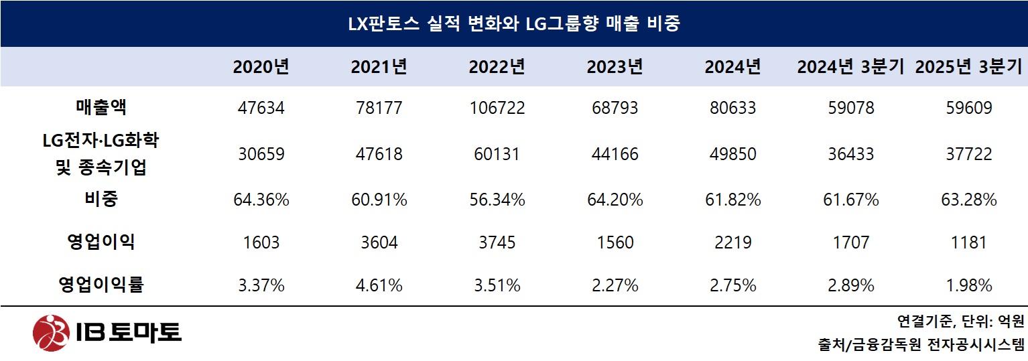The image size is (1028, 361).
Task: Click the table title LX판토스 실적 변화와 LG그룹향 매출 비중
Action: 514,24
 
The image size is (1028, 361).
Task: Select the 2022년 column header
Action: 497,67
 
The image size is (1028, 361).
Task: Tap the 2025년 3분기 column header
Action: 968,67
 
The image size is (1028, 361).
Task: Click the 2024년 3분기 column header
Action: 850,67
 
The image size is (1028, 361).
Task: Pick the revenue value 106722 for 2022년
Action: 497,108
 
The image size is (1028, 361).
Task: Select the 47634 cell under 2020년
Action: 261,108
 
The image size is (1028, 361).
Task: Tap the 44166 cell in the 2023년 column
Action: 615,154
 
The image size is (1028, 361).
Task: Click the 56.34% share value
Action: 497,200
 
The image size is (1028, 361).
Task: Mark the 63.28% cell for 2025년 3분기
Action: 968,200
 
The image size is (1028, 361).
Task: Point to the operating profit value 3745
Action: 497,242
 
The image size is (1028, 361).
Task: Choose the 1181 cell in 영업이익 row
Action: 968,242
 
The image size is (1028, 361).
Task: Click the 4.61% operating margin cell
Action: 379,286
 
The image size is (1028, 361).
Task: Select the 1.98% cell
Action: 968,286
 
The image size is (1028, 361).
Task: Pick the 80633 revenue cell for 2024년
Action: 732,108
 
